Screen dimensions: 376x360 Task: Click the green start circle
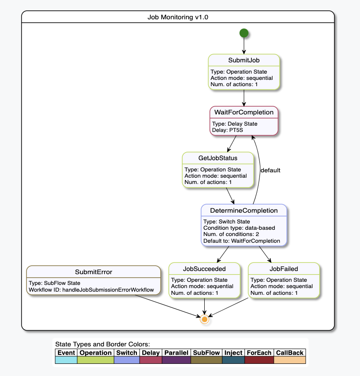click(x=244, y=33)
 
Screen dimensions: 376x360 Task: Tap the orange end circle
click(x=205, y=319)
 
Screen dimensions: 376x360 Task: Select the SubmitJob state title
click(x=244, y=60)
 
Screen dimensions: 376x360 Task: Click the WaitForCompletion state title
click(x=244, y=112)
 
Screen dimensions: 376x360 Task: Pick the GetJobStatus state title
click(x=218, y=158)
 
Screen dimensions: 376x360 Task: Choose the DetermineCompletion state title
click(x=244, y=210)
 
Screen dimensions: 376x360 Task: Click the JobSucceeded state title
click(x=204, y=269)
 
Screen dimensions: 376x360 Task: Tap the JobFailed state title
click(x=284, y=269)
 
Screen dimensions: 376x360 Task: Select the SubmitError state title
click(x=93, y=272)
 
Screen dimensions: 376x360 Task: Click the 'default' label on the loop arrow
click(x=270, y=171)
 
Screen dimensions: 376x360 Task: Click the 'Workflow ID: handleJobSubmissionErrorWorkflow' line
click(x=91, y=290)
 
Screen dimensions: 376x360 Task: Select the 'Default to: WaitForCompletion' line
click(x=241, y=241)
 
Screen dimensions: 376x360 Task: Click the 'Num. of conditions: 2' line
click(x=231, y=234)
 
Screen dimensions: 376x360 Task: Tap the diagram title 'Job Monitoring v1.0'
click(x=178, y=17)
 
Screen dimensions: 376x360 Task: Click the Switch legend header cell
click(x=127, y=353)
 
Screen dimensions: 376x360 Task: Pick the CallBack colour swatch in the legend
click(x=290, y=360)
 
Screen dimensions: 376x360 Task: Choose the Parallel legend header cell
click(x=176, y=353)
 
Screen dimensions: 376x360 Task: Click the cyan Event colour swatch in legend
click(x=66, y=360)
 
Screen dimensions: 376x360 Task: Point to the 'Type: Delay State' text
click(x=234, y=124)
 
